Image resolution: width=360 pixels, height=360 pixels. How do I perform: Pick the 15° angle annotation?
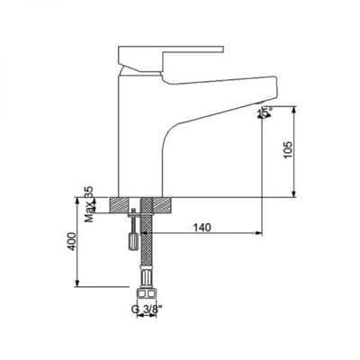[265, 113]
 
